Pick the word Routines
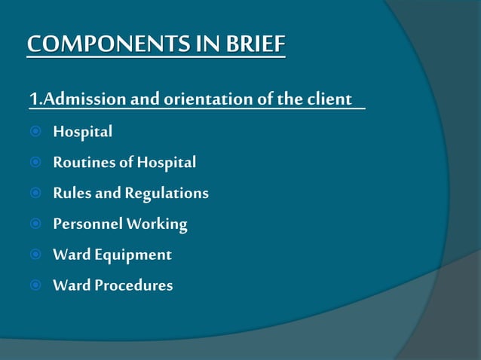click(80, 163)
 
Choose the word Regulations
click(167, 194)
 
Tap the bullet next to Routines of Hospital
click(35, 163)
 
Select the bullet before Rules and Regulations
click(35, 194)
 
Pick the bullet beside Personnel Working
click(35, 224)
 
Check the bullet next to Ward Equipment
click(35, 255)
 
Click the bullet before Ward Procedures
click(35, 285)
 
